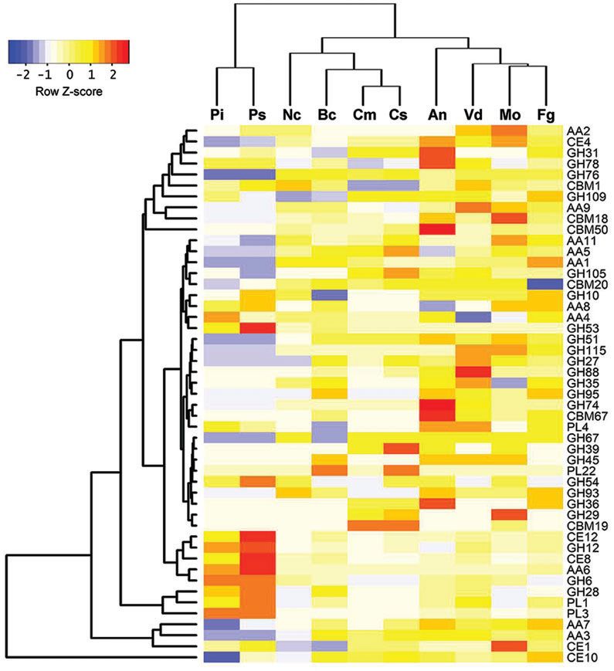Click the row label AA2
click(x=578, y=131)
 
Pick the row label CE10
click(x=580, y=657)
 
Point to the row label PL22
click(x=579, y=470)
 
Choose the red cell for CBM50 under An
click(x=437, y=229)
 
